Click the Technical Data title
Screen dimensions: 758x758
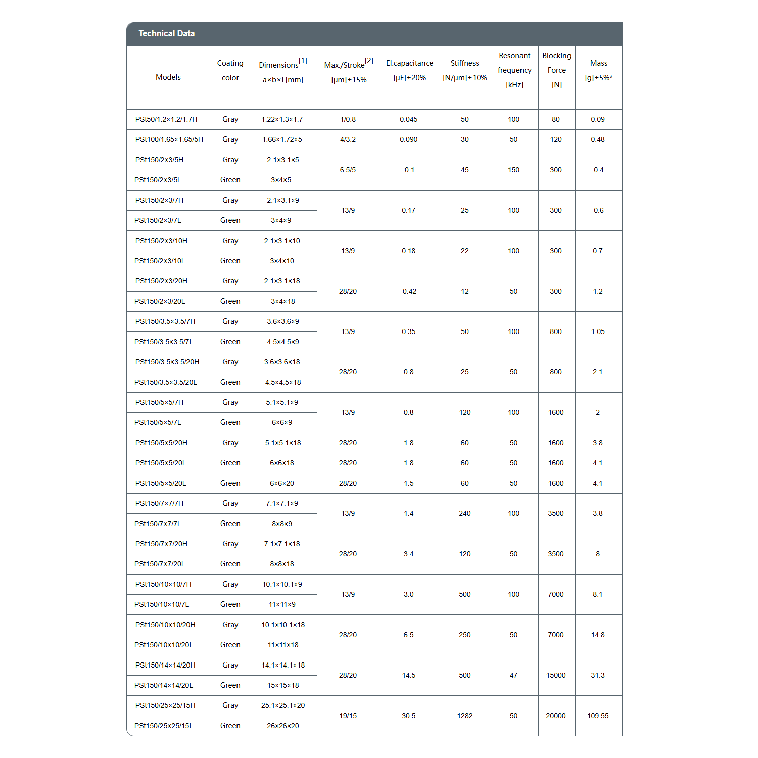pyautogui.click(x=166, y=34)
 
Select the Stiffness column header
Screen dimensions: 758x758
pyautogui.click(x=464, y=70)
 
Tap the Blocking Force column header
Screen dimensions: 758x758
pyautogui.click(x=556, y=70)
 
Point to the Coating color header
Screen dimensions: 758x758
pyautogui.click(x=230, y=70)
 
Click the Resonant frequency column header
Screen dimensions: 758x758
pyautogui.click(x=514, y=70)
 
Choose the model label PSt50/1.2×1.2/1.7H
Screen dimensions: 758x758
pyautogui.click(x=166, y=119)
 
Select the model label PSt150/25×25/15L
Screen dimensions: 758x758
pyautogui.click(x=164, y=726)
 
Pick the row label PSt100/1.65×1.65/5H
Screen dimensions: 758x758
pyautogui.click(x=169, y=139)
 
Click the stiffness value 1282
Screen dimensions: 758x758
pyautogui.click(x=465, y=716)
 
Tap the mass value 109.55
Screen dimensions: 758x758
pyautogui.click(x=598, y=716)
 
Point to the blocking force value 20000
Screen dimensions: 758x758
pyautogui.click(x=556, y=716)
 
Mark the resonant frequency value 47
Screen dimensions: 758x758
pyautogui.click(x=513, y=675)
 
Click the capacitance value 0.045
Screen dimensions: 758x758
pyautogui.click(x=409, y=119)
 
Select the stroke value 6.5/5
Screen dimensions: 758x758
pyautogui.click(x=348, y=170)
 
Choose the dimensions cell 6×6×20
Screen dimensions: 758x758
pyautogui.click(x=282, y=483)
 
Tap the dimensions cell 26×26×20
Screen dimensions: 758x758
pyautogui.click(x=283, y=726)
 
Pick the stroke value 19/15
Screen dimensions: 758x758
pyautogui.click(x=348, y=716)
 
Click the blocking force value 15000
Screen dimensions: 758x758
pyautogui.click(x=556, y=675)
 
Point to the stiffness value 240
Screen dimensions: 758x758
pyautogui.click(x=465, y=513)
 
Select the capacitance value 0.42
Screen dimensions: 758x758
pyautogui.click(x=409, y=291)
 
